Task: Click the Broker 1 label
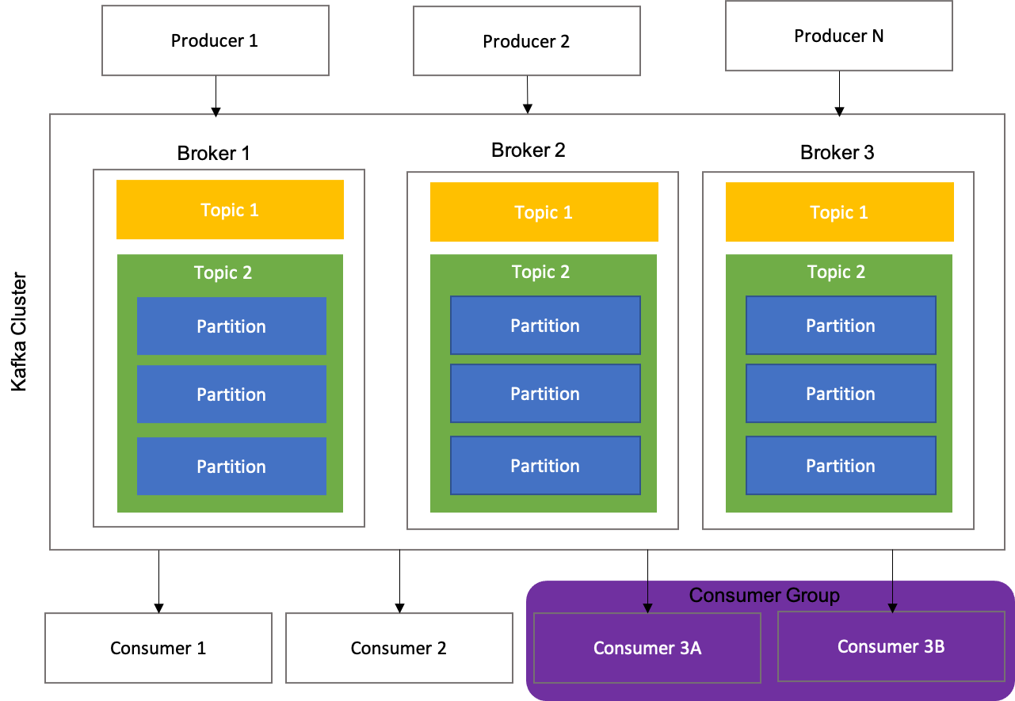click(213, 153)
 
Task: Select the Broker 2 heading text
click(528, 150)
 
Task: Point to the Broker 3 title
click(837, 153)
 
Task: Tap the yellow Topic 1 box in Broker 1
click(230, 210)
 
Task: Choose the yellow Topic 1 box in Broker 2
click(544, 212)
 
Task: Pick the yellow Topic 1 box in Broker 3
click(839, 212)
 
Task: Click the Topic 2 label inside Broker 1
click(223, 273)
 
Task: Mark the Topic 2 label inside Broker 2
click(540, 272)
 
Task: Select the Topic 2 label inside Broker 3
click(836, 272)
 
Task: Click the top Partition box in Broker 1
click(231, 326)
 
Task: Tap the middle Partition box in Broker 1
click(231, 394)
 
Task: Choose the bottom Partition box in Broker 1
click(231, 467)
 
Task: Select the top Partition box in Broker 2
click(545, 326)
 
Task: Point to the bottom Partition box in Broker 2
click(545, 466)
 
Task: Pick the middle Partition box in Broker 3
click(841, 394)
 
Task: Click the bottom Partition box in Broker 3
click(841, 466)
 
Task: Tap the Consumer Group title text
click(764, 596)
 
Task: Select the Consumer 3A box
click(647, 648)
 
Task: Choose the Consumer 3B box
click(891, 646)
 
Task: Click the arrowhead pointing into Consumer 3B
click(893, 608)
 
